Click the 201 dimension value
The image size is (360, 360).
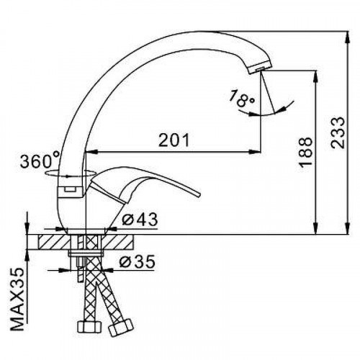174,140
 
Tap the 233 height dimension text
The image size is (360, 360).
337,132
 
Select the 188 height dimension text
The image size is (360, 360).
305,152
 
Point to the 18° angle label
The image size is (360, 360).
242,99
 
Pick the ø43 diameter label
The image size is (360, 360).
140,219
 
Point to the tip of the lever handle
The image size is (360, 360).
198,194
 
